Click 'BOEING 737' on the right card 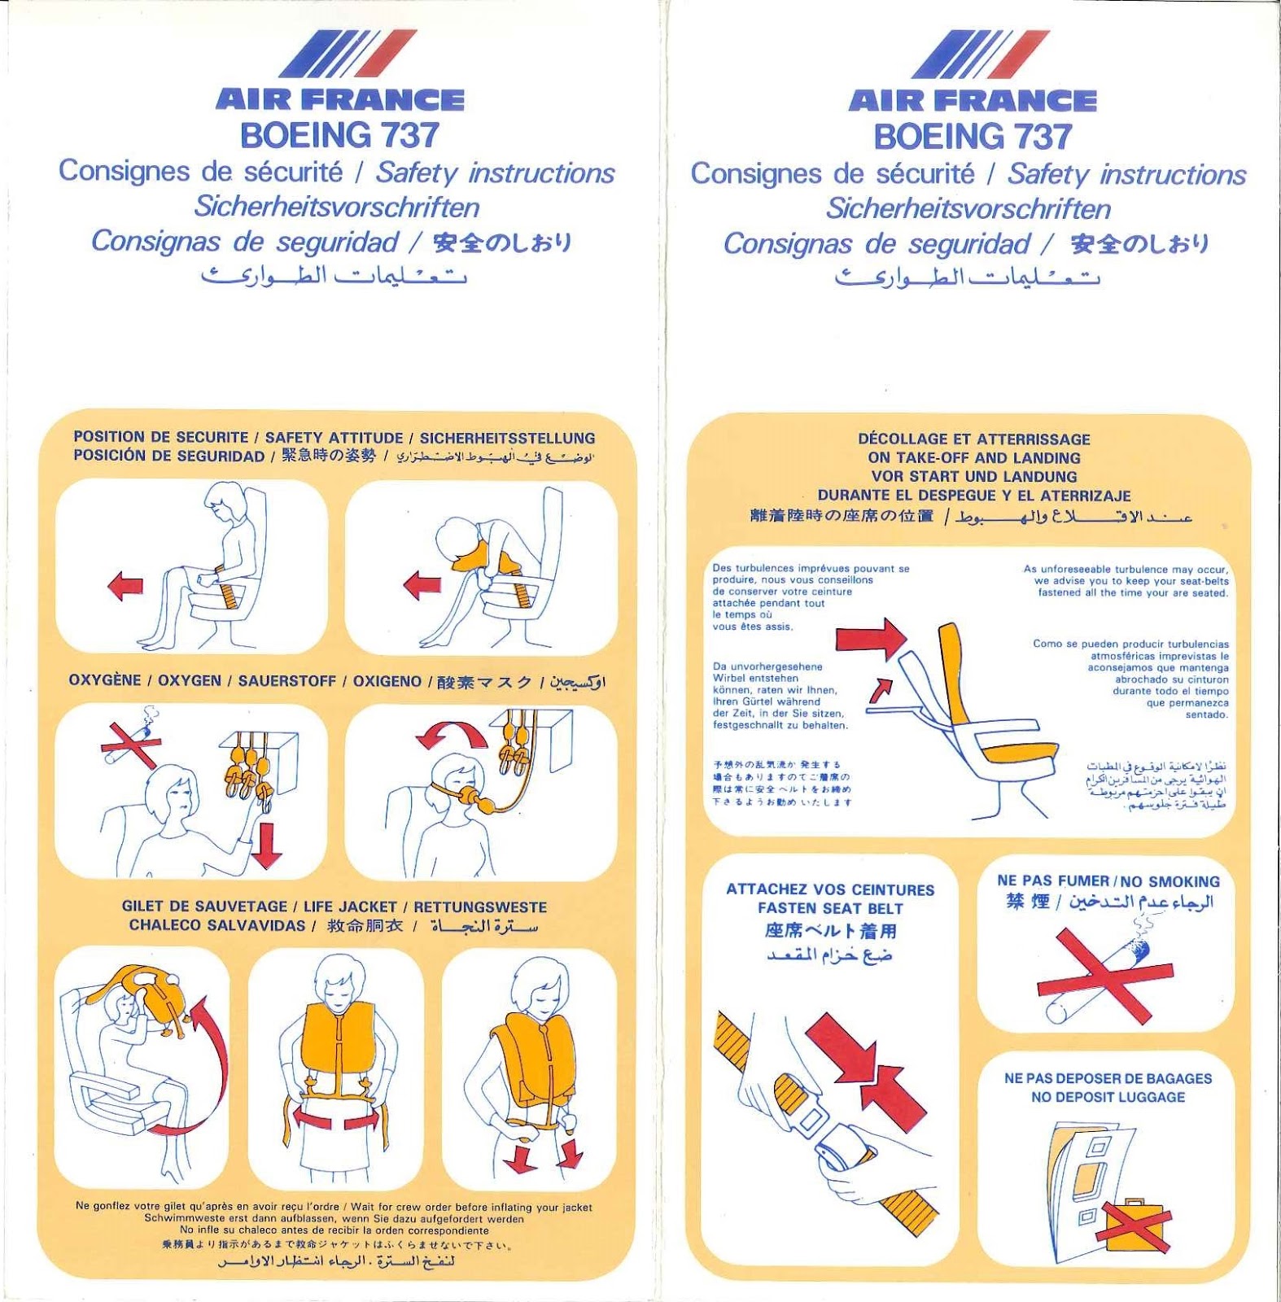coord(973,137)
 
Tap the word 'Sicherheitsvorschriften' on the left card coord(336,207)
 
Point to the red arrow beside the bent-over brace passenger coord(422,584)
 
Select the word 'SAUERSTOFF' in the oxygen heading coord(286,681)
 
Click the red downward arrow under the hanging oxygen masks coord(266,846)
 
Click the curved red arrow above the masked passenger coord(452,733)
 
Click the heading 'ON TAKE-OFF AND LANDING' coord(973,458)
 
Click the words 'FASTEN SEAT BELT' coord(830,908)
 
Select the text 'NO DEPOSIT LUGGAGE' coord(1108,1097)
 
